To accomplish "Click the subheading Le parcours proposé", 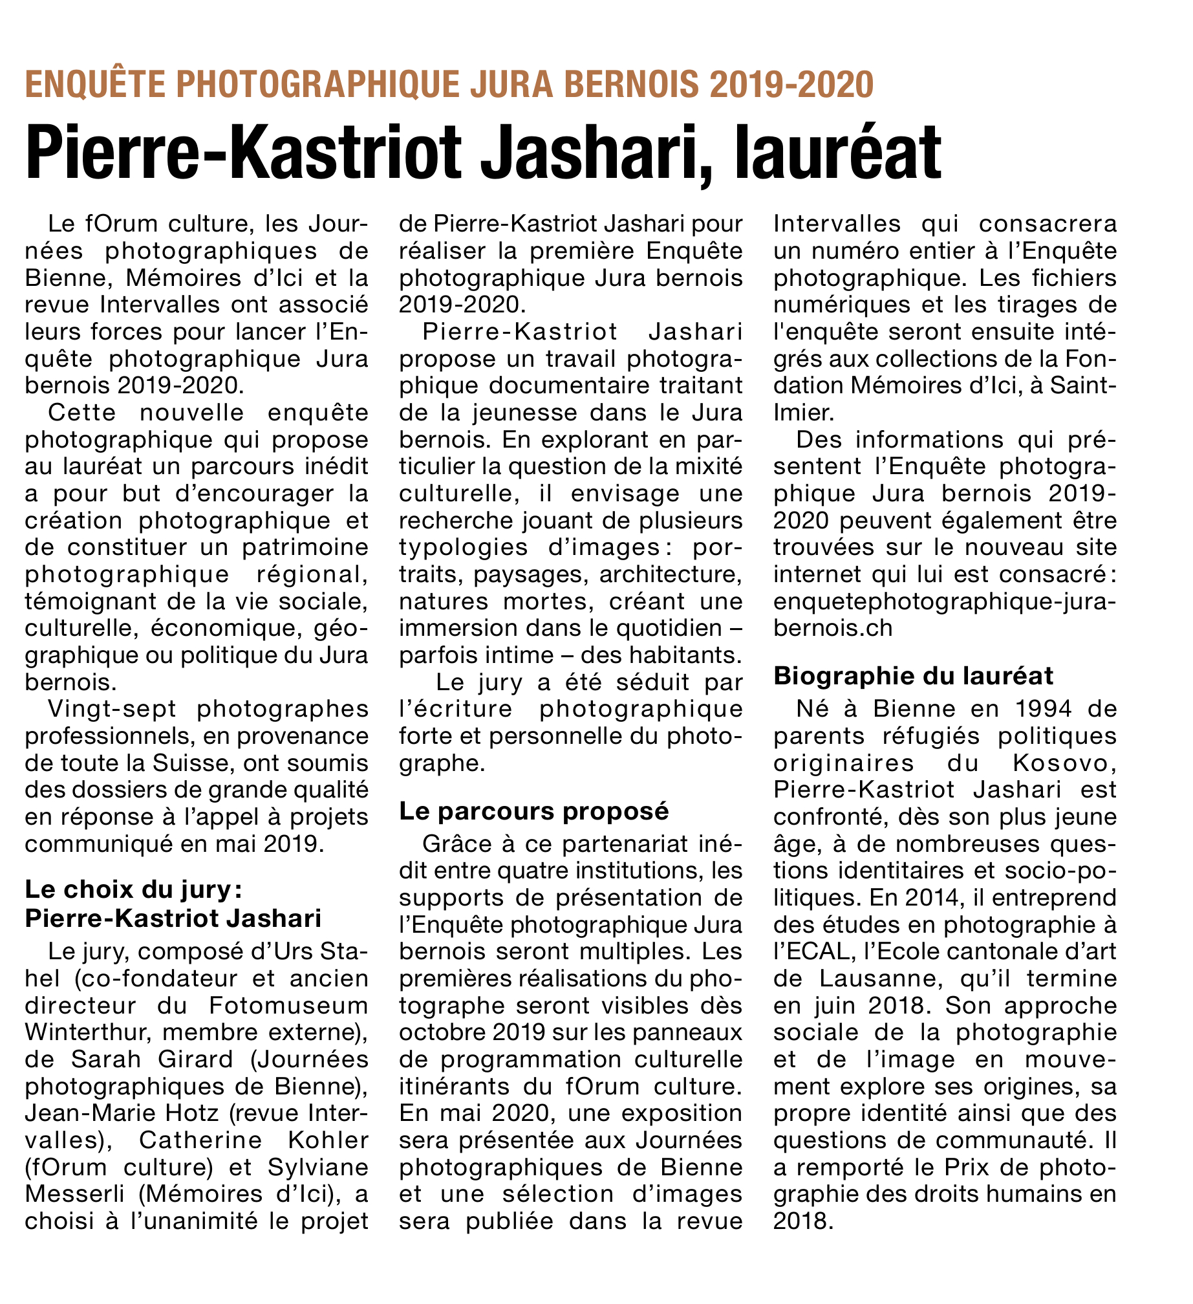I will pos(534,810).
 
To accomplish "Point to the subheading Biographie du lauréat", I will pos(914,675).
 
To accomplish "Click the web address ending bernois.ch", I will pos(833,628).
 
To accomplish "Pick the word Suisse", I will pos(191,763).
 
